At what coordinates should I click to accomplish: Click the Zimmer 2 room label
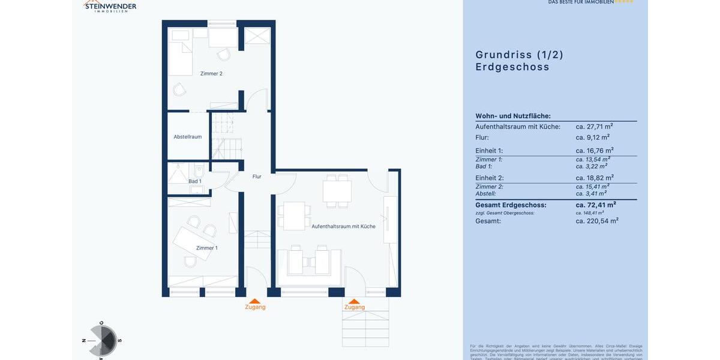tap(211, 73)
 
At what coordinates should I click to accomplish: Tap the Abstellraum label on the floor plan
tap(188, 137)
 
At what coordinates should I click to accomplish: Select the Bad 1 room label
tap(195, 181)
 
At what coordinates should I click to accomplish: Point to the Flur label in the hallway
tap(257, 176)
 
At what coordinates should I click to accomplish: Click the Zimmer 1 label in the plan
tap(207, 248)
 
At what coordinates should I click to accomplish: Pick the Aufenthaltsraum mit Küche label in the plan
tap(343, 226)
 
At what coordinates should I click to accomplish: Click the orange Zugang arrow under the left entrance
tap(255, 301)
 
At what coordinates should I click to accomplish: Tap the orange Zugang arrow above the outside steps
tap(354, 301)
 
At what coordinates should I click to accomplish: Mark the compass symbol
tap(103, 341)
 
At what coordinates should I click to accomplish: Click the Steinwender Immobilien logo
tap(110, 6)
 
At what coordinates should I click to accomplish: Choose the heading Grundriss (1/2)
tap(519, 55)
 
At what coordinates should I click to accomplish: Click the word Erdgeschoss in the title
tap(512, 67)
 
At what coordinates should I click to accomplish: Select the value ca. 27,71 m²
tap(594, 127)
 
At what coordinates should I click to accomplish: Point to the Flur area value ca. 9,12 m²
tap(592, 137)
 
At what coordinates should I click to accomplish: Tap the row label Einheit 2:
tap(489, 178)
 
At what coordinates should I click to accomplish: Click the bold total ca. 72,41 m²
tap(596, 205)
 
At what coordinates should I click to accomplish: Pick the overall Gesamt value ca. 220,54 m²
tap(597, 221)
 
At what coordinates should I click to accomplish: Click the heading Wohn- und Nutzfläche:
tap(513, 116)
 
